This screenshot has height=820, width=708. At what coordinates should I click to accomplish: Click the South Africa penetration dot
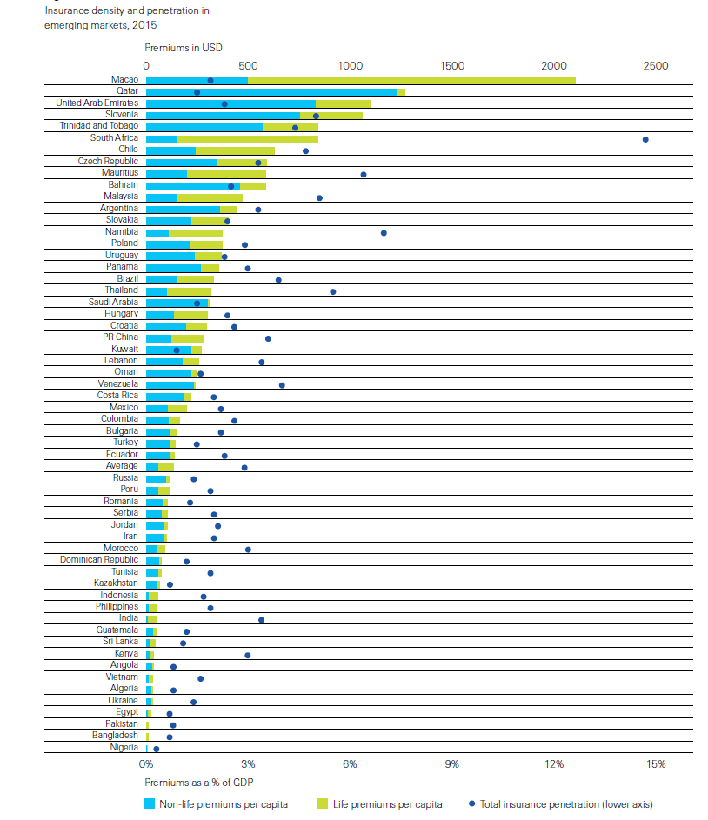coord(645,139)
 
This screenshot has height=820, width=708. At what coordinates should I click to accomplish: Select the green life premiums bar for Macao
coord(411,81)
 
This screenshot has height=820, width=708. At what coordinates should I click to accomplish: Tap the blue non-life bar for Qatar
coord(271,92)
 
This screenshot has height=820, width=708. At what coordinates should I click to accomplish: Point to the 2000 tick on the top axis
coord(554,66)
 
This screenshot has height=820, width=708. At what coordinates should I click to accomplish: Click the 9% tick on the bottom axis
coord(451,764)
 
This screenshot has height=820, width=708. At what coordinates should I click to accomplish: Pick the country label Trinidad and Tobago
coord(99,127)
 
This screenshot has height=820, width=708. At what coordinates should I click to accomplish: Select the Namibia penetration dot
coord(384,233)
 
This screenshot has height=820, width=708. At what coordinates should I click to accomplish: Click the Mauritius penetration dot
coord(364,175)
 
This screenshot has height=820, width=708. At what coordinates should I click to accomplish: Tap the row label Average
coord(121,466)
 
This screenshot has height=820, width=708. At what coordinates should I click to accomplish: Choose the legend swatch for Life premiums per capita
coord(321,803)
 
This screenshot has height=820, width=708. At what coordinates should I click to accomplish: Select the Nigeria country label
coord(124,747)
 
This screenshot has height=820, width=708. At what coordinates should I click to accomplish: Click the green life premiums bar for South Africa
coord(247,139)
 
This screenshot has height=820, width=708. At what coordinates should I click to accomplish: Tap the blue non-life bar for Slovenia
coord(223,116)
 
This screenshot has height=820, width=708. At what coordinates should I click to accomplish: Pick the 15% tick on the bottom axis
coord(656,764)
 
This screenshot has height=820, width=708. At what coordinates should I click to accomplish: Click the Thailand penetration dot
coord(333,291)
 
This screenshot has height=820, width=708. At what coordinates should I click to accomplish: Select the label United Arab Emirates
coord(97,103)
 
